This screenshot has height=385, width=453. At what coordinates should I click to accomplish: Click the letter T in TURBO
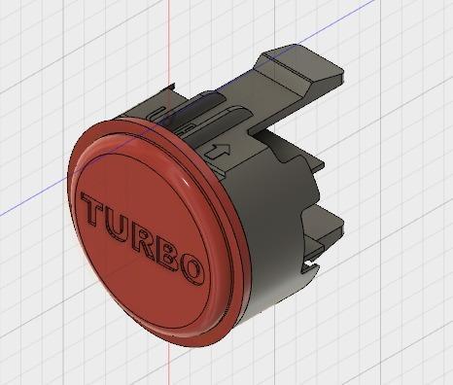pyautogui.click(x=98, y=210)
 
